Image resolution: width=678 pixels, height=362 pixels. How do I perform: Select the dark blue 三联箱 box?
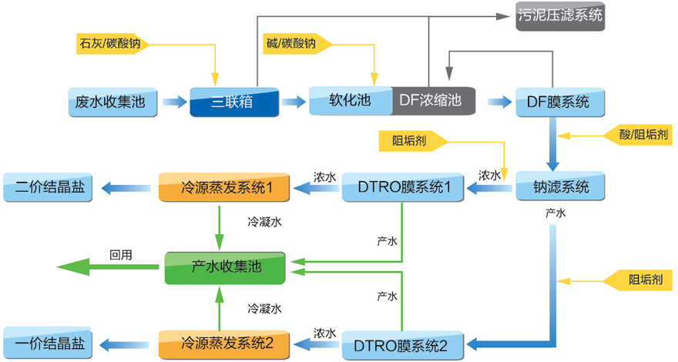(x=233, y=101)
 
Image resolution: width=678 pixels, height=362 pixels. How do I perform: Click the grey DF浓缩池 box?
(x=432, y=100)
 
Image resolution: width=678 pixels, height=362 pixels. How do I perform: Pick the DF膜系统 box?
(x=559, y=101)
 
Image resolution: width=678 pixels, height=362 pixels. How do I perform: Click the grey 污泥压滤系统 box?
(x=560, y=15)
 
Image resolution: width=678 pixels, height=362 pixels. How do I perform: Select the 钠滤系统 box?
(x=560, y=186)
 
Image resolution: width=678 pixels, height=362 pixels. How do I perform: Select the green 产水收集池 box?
(x=225, y=266)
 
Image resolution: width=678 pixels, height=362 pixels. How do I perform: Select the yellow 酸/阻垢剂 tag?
(x=639, y=134)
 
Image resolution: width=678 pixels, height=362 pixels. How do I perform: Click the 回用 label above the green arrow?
(x=119, y=253)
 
